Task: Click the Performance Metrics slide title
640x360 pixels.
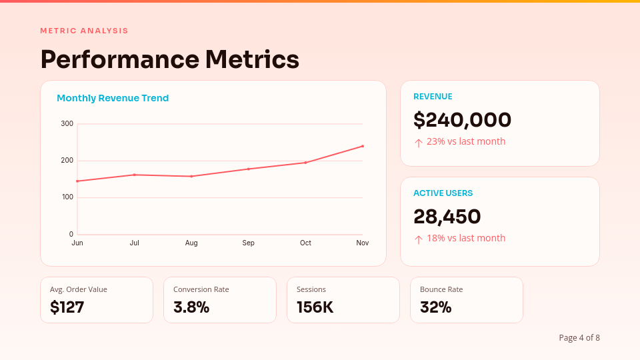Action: (x=169, y=59)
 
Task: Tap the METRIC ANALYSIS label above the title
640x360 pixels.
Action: (x=84, y=31)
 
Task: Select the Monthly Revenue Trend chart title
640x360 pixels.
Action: (x=113, y=98)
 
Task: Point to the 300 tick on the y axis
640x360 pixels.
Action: (x=67, y=123)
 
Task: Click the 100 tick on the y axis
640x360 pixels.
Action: (x=67, y=197)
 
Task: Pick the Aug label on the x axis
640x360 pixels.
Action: (x=191, y=243)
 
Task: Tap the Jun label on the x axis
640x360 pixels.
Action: (x=77, y=243)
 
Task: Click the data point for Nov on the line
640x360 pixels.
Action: (x=363, y=146)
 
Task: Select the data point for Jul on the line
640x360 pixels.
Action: (x=135, y=175)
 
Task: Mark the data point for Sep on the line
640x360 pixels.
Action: (x=249, y=169)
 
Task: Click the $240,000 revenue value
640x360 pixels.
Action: (x=462, y=120)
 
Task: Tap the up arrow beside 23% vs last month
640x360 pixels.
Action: (x=419, y=143)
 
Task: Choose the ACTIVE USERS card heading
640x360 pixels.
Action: (x=443, y=193)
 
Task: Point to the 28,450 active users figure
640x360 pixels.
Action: (x=447, y=217)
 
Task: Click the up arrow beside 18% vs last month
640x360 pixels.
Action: (x=419, y=239)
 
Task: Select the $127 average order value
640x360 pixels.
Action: (x=67, y=307)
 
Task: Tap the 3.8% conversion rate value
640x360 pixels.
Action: (x=191, y=307)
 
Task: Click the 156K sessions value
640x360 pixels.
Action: (x=315, y=307)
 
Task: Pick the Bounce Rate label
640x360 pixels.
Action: (x=441, y=289)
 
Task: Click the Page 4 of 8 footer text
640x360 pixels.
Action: (x=579, y=338)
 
